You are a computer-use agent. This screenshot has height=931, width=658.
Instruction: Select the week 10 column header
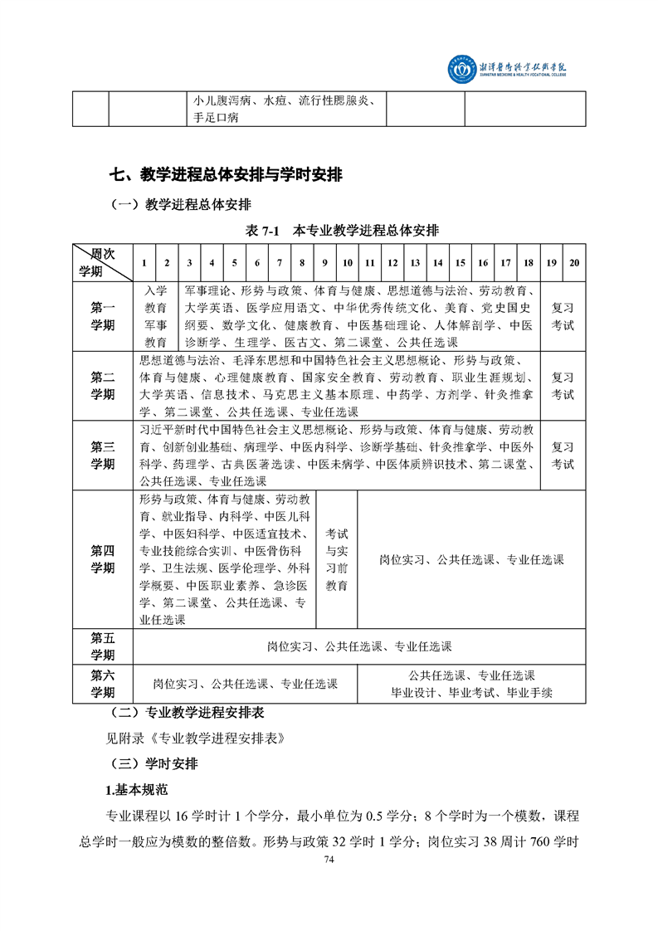coord(347,263)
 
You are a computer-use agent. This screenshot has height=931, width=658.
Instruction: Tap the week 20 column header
coord(574,263)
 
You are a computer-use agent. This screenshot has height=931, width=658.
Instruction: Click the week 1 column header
coord(144,263)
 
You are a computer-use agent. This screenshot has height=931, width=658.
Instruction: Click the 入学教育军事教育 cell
coord(156,316)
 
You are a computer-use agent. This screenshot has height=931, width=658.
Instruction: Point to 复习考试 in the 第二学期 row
coord(563,386)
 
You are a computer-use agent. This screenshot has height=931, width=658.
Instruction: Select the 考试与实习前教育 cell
coord(336,559)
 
